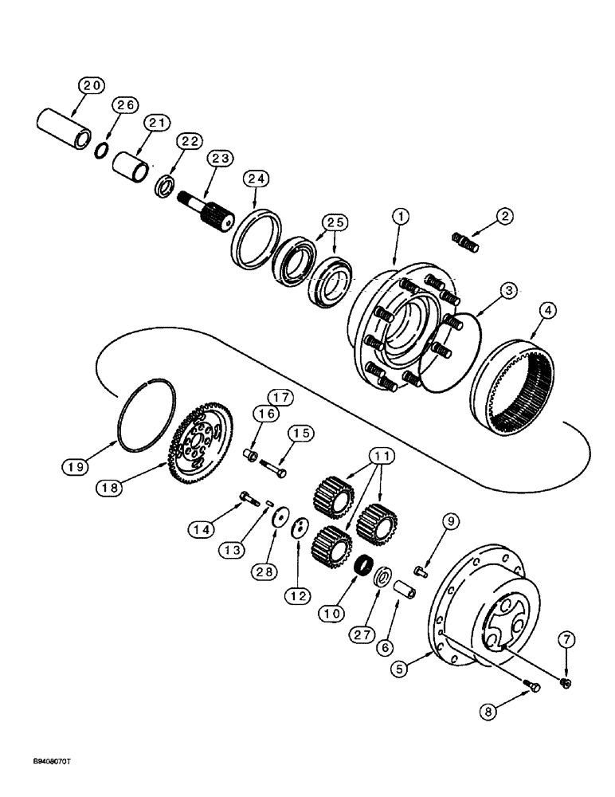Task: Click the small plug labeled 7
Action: pyautogui.click(x=566, y=683)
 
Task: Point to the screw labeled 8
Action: pyautogui.click(x=531, y=686)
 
